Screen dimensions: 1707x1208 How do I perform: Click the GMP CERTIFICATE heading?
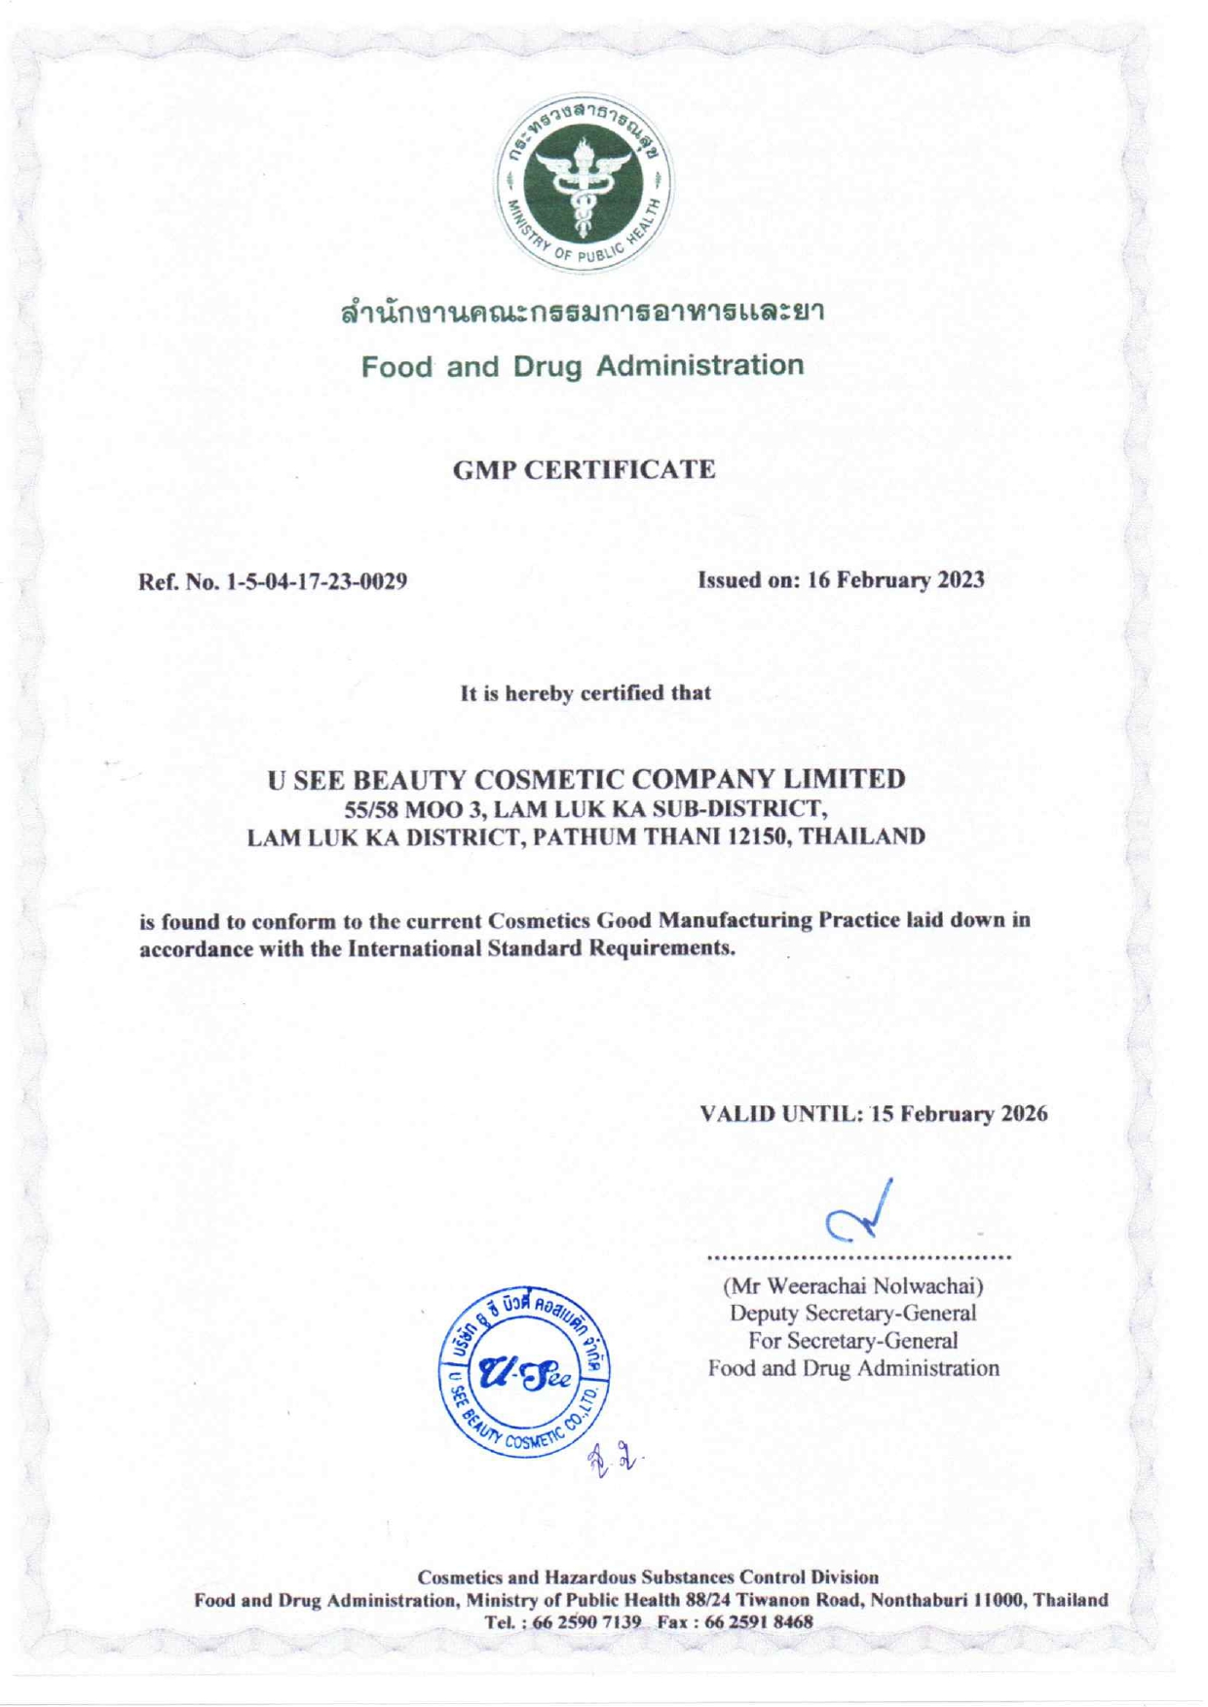585,470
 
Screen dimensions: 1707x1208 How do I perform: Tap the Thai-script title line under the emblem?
583,315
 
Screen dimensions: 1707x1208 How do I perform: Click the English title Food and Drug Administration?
583,367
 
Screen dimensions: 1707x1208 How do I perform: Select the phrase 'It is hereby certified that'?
585,693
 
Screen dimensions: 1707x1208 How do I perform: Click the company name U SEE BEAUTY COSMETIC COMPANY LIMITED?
586,779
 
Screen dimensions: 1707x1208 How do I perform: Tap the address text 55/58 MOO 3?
400,808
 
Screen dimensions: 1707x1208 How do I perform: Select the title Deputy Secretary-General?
853,1313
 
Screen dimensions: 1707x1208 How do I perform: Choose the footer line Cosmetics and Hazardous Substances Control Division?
648,1577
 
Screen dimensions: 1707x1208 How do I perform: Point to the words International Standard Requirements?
540,948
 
